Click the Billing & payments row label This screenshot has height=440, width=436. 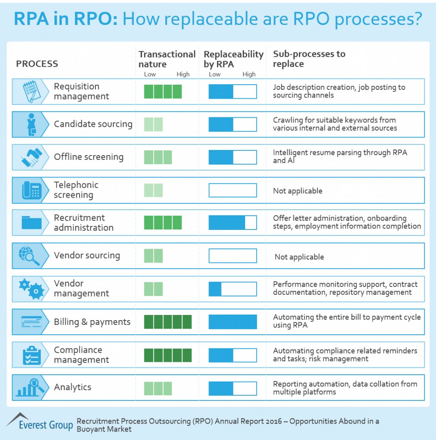pyautogui.click(x=92, y=322)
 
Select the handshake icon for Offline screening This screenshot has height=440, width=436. pyautogui.click(x=31, y=157)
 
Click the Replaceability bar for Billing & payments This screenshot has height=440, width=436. pyautogui.click(x=233, y=322)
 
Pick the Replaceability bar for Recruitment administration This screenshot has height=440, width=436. pyautogui.click(x=233, y=223)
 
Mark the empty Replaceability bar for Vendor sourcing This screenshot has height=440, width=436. pyautogui.click(x=233, y=256)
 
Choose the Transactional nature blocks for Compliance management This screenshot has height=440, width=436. pyautogui.click(x=168, y=355)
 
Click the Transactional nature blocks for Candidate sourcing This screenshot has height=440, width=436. pyautogui.click(x=154, y=124)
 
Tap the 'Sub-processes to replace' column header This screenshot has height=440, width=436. pyautogui.click(x=309, y=59)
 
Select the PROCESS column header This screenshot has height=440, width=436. pyautogui.click(x=37, y=64)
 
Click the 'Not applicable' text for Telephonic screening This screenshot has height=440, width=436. pyautogui.click(x=298, y=191)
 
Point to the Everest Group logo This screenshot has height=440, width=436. pyautogui.click(x=40, y=422)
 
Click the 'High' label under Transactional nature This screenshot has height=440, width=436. pyautogui.click(x=183, y=74)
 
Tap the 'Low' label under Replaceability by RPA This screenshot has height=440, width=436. pyautogui.click(x=215, y=74)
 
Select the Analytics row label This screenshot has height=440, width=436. pyautogui.click(x=73, y=387)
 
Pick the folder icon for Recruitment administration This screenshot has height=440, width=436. pyautogui.click(x=31, y=223)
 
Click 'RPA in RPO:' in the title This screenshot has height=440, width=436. pyautogui.click(x=66, y=19)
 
